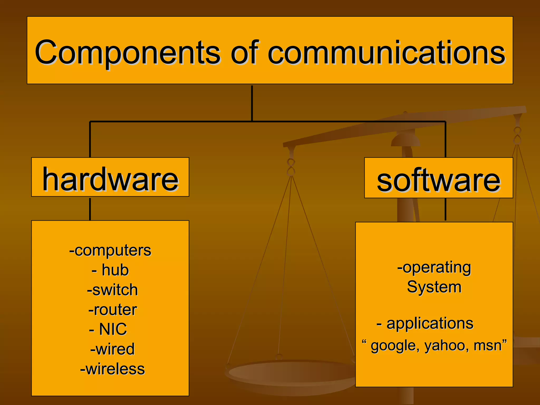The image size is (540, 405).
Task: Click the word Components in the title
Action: tap(127, 53)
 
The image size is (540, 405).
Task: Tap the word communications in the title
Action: tap(386, 53)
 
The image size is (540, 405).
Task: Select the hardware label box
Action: tap(110, 177)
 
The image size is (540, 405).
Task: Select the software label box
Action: tap(438, 178)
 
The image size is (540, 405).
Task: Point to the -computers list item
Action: tap(110, 250)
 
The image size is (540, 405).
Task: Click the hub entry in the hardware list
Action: tap(115, 270)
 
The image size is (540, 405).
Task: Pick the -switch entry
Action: tap(112, 290)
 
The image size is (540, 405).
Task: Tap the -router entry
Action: tap(113, 310)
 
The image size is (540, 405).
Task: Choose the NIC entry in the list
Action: tap(113, 329)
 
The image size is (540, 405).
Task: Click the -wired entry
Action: tap(112, 349)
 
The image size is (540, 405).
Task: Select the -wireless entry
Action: tap(113, 369)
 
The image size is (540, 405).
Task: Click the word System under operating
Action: tap(434, 287)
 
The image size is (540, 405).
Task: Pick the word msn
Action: tap(488, 346)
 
